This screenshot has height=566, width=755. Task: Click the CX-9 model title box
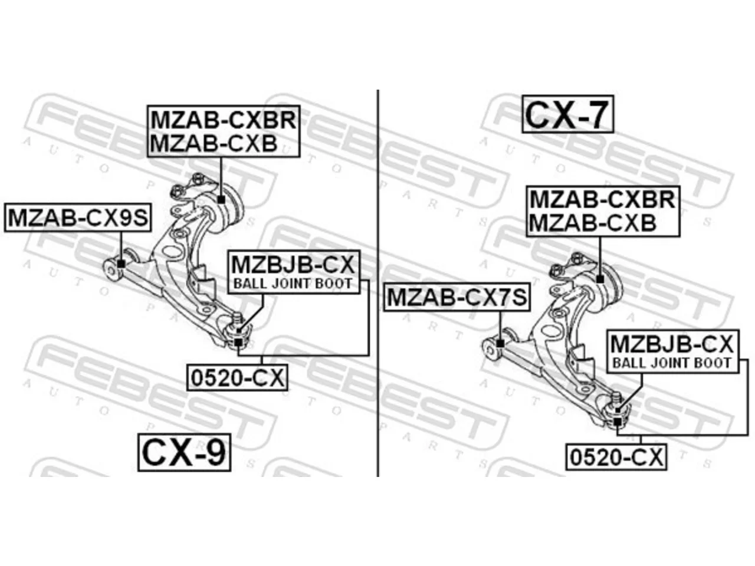pyautogui.click(x=184, y=452)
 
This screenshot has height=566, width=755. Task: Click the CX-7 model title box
pyautogui.click(x=567, y=114)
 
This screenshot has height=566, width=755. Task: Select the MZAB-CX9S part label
pyautogui.click(x=78, y=218)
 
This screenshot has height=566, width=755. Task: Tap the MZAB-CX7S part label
pyautogui.click(x=457, y=297)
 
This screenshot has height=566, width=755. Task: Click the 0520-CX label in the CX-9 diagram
pyautogui.click(x=237, y=378)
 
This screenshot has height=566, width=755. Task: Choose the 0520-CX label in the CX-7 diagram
pyautogui.click(x=616, y=457)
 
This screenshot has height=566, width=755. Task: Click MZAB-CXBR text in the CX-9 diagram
pyautogui.click(x=224, y=120)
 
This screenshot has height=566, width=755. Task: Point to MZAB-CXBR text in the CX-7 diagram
pyautogui.click(x=603, y=199)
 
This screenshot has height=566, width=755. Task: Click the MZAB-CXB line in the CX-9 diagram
pyautogui.click(x=214, y=143)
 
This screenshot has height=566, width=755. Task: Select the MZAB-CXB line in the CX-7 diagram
pyautogui.click(x=593, y=223)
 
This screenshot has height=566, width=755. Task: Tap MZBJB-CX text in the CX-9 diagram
pyautogui.click(x=293, y=264)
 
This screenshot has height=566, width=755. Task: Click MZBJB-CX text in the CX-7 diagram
pyautogui.click(x=672, y=344)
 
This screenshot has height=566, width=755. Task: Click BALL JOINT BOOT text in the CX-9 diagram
pyautogui.click(x=293, y=284)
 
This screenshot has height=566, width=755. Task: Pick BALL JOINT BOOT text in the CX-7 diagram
pyautogui.click(x=672, y=363)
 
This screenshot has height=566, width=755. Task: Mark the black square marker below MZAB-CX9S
pyautogui.click(x=121, y=264)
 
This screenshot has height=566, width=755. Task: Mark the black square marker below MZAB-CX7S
pyautogui.click(x=500, y=343)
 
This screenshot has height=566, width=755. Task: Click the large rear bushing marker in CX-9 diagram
pyautogui.click(x=222, y=199)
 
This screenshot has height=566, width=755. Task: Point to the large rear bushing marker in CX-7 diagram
pyautogui.click(x=600, y=279)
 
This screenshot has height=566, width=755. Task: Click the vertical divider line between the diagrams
pyautogui.click(x=378, y=283)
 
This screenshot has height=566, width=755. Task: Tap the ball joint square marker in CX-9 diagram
pyautogui.click(x=238, y=343)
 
